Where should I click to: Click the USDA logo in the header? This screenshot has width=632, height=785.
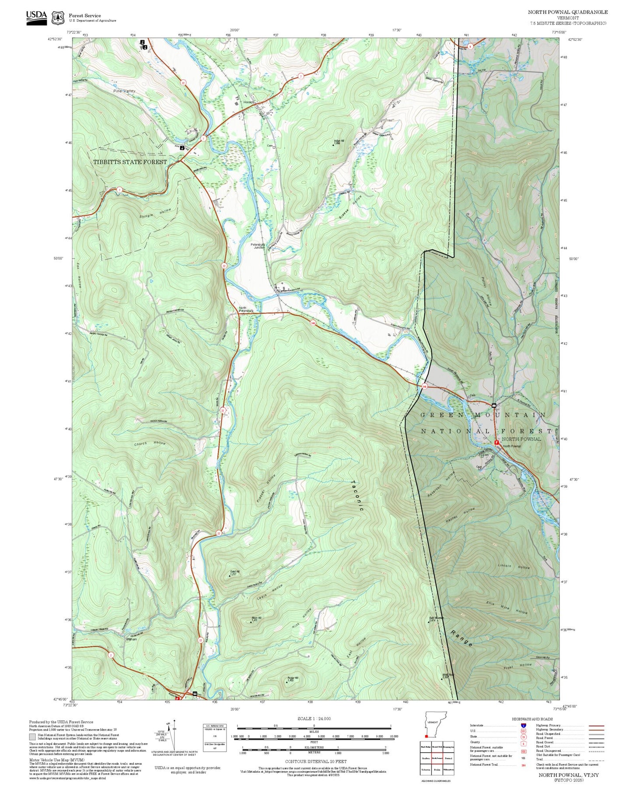[x=36, y=18]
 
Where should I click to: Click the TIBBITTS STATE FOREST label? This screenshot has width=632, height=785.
[x=130, y=162]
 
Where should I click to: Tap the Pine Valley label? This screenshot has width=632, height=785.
[x=124, y=91]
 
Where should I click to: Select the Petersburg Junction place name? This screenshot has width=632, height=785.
[x=258, y=246]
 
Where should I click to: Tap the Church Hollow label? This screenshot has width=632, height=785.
[x=150, y=444]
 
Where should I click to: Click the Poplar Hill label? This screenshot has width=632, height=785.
[x=293, y=679]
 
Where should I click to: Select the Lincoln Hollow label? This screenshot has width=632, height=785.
[x=514, y=566]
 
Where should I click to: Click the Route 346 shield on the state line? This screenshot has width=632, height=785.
[x=424, y=386]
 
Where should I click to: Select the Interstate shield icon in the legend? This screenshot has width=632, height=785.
[x=523, y=725]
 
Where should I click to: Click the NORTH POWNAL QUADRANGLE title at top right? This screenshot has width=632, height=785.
[x=567, y=12]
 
